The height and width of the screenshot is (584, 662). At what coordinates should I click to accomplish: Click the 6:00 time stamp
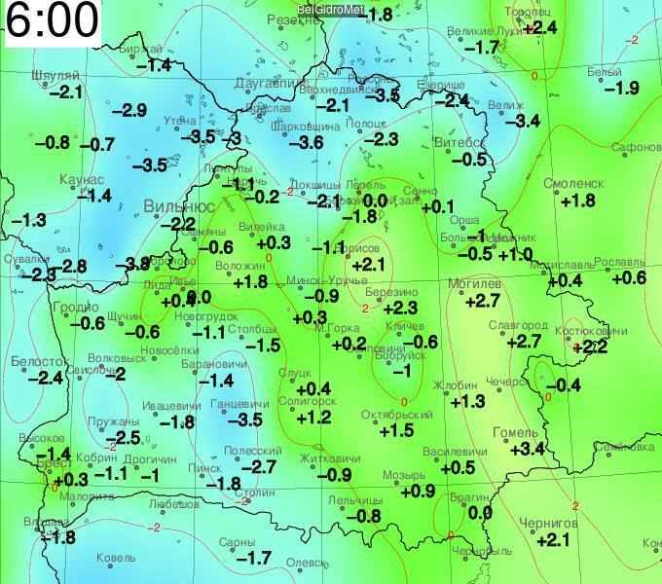[x=52, y=21]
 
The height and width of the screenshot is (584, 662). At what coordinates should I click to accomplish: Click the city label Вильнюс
[x=179, y=206]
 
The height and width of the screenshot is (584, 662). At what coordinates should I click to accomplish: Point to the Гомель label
[x=516, y=432]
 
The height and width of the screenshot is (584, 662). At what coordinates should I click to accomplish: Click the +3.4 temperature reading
[x=527, y=449]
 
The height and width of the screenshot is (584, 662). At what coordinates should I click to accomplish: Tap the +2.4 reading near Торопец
[x=539, y=28]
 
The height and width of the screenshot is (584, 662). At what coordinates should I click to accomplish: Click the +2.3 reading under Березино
[x=400, y=308]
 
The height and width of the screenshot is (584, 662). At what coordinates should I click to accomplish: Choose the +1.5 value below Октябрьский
[x=397, y=430]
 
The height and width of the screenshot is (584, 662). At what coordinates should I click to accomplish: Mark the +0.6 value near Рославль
[x=628, y=278]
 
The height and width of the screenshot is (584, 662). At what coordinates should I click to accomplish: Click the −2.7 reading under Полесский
[x=258, y=467]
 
